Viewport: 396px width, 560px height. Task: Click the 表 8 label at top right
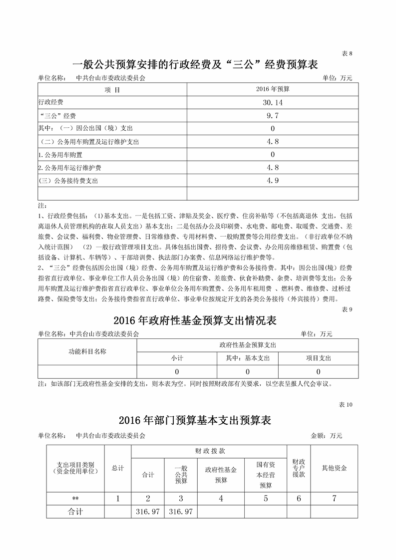[x=347, y=54]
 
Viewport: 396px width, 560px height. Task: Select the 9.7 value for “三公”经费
[x=273, y=115]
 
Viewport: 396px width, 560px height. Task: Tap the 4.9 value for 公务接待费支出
[x=273, y=181]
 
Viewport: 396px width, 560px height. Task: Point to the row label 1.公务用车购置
[x=60, y=155]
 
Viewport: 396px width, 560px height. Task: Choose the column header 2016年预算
[x=273, y=89]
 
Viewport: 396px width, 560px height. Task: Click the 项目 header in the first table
[x=112, y=90]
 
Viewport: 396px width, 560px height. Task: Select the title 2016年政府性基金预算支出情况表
[x=195, y=320]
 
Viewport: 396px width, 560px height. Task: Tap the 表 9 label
[x=347, y=309]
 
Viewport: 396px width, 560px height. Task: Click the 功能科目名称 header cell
[x=87, y=351]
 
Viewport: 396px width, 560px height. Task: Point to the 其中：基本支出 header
[x=248, y=358]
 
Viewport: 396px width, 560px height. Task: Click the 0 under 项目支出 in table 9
[x=319, y=372]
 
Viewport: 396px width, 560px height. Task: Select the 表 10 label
[x=346, y=405]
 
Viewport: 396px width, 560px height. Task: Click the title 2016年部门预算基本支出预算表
[x=195, y=420]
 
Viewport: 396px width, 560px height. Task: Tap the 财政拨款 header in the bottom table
[x=209, y=451]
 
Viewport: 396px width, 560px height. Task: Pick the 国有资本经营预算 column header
[x=266, y=475]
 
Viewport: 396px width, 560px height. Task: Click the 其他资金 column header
[x=334, y=468]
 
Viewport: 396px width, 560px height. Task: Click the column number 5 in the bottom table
[x=266, y=499]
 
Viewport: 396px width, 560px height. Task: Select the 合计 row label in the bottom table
[x=75, y=512]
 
